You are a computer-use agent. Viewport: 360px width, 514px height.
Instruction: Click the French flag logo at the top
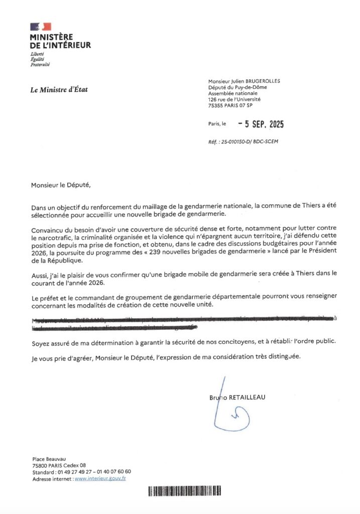[x=41, y=27]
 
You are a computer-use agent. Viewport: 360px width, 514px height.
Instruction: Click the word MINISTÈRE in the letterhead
[x=51, y=37]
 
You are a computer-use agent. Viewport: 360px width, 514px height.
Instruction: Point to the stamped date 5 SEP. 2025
[x=261, y=124]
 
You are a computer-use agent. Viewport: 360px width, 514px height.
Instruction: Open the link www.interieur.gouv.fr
[x=100, y=478]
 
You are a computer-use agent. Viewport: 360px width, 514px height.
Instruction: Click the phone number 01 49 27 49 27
[x=73, y=472]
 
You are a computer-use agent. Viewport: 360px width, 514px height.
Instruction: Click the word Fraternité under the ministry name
[x=40, y=65]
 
